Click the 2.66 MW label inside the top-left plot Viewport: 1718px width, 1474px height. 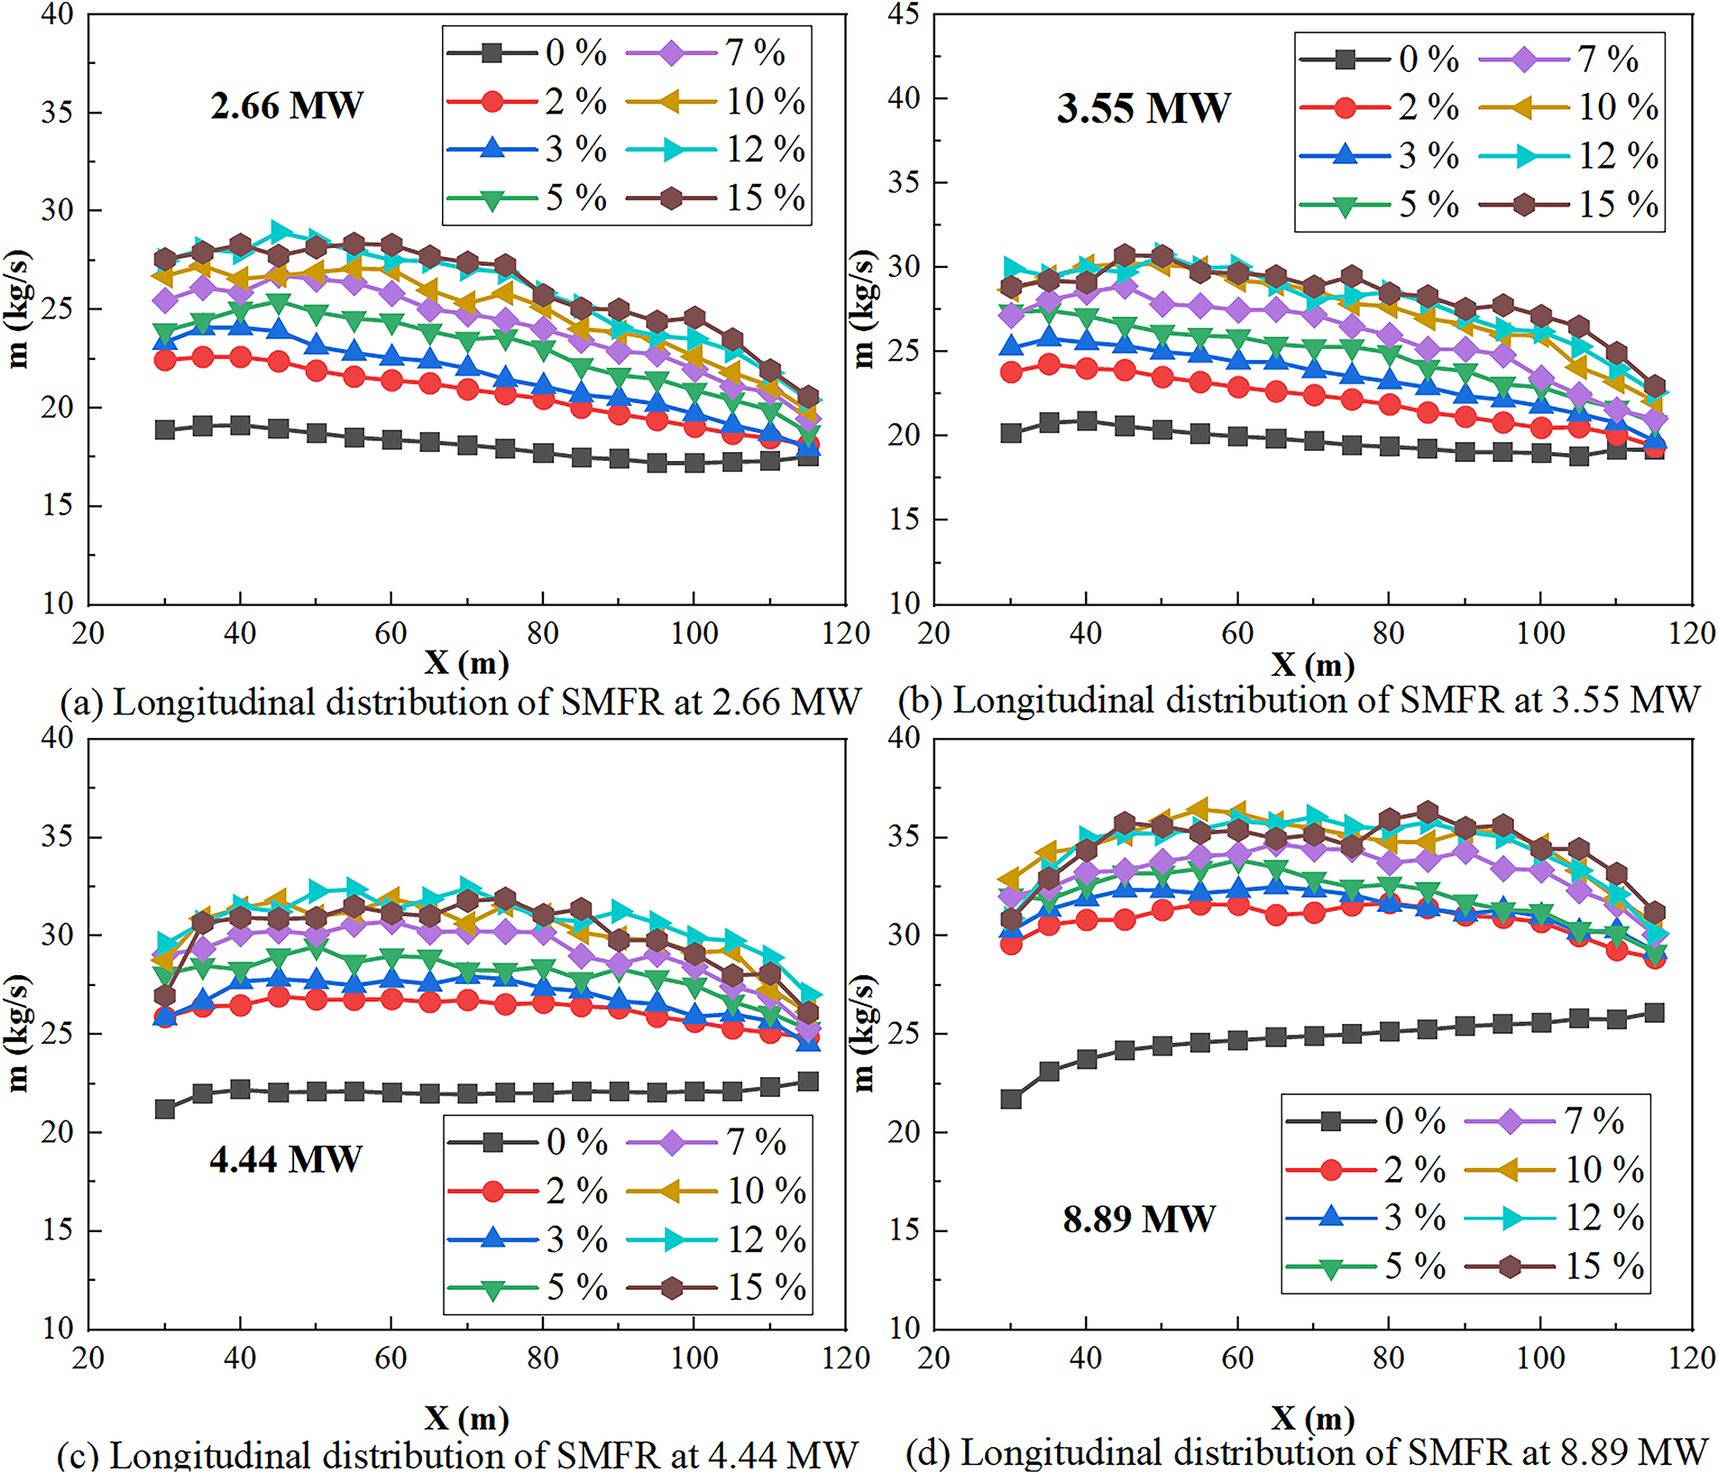(287, 106)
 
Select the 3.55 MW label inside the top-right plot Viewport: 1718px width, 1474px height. (1143, 108)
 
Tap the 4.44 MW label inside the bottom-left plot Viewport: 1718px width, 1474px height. (286, 1159)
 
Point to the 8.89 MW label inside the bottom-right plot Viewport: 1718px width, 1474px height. (1139, 1220)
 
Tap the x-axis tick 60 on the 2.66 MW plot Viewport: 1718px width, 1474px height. (390, 633)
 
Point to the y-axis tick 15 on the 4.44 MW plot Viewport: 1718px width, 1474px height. (58, 1230)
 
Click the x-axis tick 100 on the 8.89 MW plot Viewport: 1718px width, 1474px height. (1539, 1358)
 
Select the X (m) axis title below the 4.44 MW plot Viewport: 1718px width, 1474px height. (466, 1419)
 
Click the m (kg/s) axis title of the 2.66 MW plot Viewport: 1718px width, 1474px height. (17, 309)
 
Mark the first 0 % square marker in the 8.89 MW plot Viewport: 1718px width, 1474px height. (1011, 1099)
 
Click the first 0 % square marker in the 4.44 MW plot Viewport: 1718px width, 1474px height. (165, 1109)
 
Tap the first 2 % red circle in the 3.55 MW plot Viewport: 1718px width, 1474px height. (1011, 372)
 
